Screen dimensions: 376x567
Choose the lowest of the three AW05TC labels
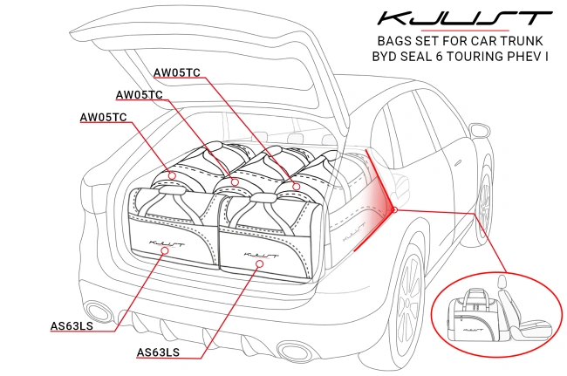tap(103, 117)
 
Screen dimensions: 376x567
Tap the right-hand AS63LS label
tap(159, 352)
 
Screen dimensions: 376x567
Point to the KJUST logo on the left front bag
tap(167, 234)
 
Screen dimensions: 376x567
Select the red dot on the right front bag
tap(257, 261)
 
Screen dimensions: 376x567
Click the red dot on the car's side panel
tap(394, 209)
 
